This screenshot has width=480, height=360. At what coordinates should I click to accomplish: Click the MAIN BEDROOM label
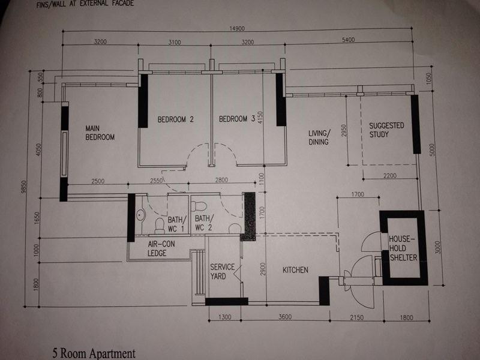(100, 133)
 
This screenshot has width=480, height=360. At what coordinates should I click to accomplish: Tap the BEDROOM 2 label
(175, 119)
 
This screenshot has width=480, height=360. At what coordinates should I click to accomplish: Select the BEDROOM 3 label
(237, 118)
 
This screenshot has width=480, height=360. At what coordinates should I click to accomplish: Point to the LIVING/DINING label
(319, 137)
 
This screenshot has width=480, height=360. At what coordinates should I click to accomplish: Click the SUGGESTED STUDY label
(386, 130)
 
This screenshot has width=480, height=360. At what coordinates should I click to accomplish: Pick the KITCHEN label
(295, 269)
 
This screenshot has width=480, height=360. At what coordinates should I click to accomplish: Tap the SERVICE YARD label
(222, 272)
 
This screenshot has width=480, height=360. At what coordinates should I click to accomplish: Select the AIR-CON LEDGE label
(161, 248)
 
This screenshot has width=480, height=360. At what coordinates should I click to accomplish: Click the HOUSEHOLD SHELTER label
(403, 248)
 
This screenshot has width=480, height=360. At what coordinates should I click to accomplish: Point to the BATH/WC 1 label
(176, 224)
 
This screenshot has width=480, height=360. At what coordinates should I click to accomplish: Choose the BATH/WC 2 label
(204, 223)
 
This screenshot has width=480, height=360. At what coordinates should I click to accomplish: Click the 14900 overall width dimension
(237, 28)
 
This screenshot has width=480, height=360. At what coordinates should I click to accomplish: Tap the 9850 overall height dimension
(24, 187)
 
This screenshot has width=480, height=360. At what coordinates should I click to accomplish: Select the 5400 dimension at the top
(349, 40)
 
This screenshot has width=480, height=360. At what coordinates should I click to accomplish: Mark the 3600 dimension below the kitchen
(284, 317)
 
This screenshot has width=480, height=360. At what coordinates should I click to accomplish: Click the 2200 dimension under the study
(389, 175)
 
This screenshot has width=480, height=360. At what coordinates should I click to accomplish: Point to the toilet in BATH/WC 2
(199, 206)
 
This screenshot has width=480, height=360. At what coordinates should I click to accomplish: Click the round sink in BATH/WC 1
(140, 214)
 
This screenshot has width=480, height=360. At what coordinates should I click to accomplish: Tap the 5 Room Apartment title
(94, 353)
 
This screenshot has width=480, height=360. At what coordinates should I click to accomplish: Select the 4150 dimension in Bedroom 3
(260, 118)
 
